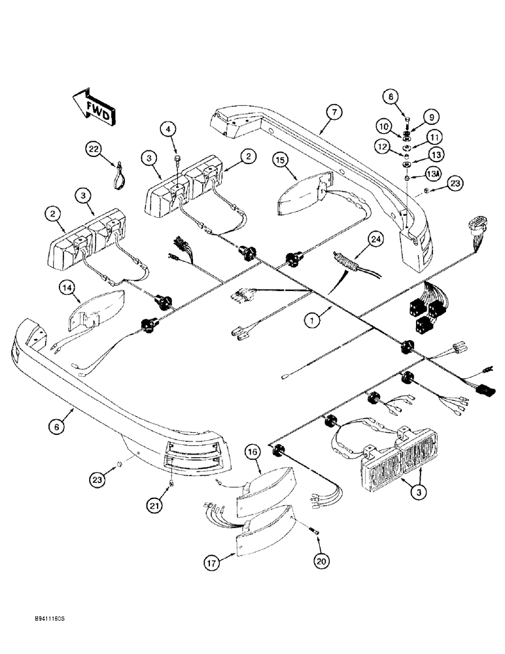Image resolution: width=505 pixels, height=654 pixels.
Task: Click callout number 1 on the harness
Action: click(x=315, y=320)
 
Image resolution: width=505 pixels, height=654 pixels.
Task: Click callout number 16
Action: click(x=254, y=452)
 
